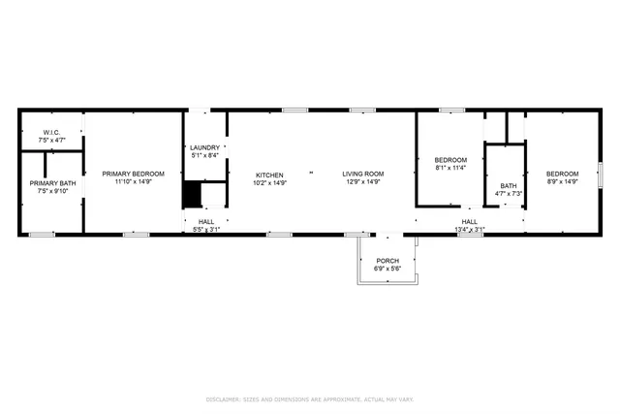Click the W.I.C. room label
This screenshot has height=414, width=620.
[52, 133]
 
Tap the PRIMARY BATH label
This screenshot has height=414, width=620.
[52, 183]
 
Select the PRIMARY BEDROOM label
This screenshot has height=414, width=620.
[134, 174]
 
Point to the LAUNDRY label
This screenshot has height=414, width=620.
[204, 147]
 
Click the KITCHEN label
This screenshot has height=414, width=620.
[269, 175]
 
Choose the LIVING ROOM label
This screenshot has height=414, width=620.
[363, 175]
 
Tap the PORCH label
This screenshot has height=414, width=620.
[387, 261]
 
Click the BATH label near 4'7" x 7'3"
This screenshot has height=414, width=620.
[509, 186]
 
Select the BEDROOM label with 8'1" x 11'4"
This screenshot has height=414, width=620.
[450, 160]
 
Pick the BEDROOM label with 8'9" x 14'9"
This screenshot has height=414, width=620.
[563, 174]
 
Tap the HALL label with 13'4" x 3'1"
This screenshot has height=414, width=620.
[470, 222]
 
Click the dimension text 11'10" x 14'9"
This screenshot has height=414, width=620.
[134, 181]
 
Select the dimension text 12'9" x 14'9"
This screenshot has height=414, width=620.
[363, 181]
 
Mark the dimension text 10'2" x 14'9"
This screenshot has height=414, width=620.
[269, 181]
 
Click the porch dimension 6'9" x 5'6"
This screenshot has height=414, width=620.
[387, 269]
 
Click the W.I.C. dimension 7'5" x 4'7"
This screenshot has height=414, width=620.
[52, 141]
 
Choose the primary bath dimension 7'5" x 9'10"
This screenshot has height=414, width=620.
[52, 191]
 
